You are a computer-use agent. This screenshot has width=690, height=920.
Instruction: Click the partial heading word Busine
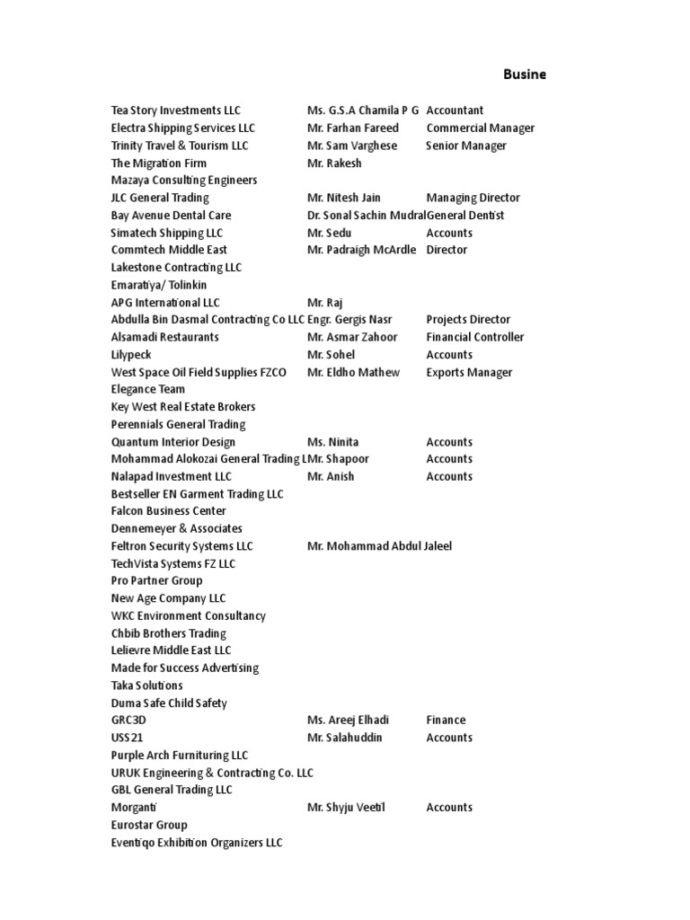click(x=523, y=75)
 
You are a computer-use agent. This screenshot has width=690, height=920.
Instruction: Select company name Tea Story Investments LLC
click(x=176, y=111)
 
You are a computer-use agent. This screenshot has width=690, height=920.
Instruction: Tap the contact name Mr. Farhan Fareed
click(x=352, y=128)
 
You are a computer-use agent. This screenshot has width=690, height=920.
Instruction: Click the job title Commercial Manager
click(x=480, y=128)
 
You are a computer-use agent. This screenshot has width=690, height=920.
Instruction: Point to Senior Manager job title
click(x=466, y=146)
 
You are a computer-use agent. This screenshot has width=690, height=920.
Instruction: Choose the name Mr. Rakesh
click(x=334, y=163)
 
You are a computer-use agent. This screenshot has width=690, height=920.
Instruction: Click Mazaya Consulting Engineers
click(x=184, y=180)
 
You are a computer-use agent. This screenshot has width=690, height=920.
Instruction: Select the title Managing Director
click(x=473, y=198)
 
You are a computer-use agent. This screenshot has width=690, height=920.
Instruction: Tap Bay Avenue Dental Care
click(x=171, y=215)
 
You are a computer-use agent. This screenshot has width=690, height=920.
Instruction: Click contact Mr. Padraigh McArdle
click(x=361, y=250)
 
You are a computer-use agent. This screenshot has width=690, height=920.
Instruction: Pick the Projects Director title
click(x=468, y=319)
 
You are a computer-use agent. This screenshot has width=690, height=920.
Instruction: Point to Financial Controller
click(x=475, y=337)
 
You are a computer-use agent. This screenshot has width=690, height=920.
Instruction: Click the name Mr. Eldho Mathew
click(x=353, y=372)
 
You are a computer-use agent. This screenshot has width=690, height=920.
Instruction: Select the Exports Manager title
click(x=469, y=372)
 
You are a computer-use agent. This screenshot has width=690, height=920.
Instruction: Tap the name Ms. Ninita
click(x=332, y=442)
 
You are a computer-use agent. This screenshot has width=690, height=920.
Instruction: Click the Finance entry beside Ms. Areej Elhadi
click(x=446, y=720)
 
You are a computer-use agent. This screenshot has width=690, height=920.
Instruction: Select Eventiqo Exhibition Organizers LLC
click(x=197, y=843)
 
